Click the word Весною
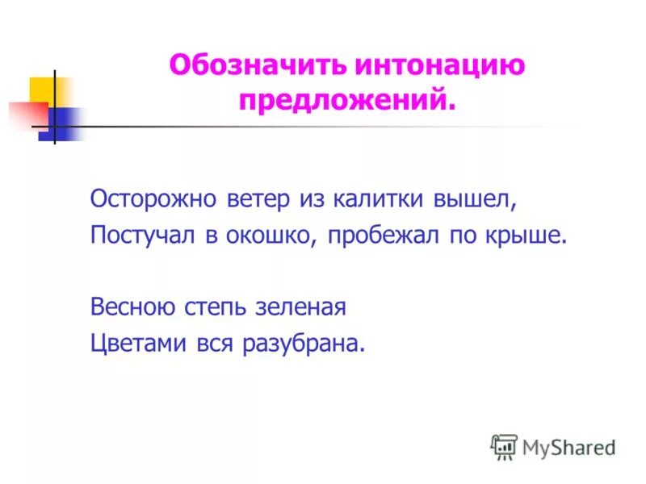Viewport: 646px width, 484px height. [x=130, y=307]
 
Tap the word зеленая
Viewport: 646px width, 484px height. [x=300, y=307]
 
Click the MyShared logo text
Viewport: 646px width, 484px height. [x=568, y=446]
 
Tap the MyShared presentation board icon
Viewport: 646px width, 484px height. [x=504, y=446]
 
